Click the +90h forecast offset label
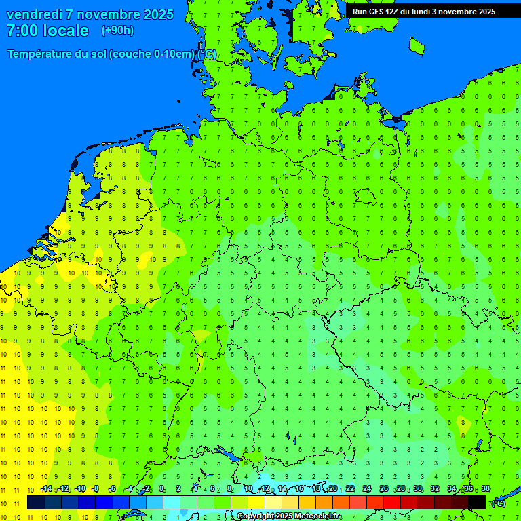tap(117, 30)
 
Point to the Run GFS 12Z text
tap(380, 12)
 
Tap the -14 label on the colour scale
tap(45, 489)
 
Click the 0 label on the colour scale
tap(161, 489)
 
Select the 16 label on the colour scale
tap(299, 489)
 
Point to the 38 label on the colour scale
tap(486, 489)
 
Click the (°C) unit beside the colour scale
tap(498, 503)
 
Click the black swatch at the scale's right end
tap(477, 503)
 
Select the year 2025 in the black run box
tap(485, 12)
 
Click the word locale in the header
tap(66, 31)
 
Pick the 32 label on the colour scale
tap(435, 489)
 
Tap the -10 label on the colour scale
tap(79, 489)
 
